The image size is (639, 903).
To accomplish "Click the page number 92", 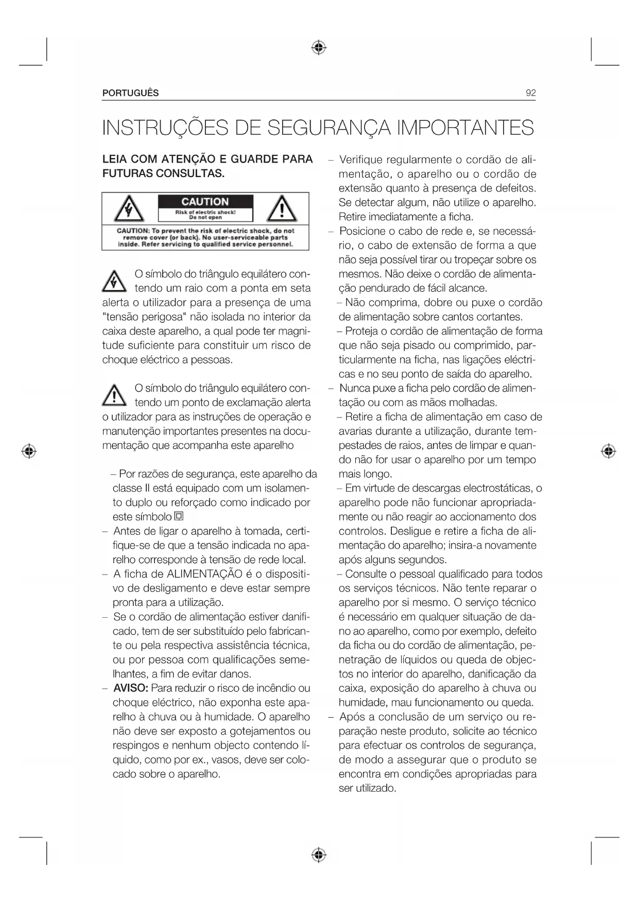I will (530, 93).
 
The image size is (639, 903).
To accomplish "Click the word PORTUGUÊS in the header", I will (131, 93).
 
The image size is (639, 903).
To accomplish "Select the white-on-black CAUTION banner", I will (205, 202).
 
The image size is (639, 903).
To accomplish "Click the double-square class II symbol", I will (179, 516).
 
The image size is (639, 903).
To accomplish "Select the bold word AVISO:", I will (131, 688).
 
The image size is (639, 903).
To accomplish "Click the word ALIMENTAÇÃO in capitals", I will (204, 574).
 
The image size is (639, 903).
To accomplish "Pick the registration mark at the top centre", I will (319, 48).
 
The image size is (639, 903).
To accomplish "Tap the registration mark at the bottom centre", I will (319, 855).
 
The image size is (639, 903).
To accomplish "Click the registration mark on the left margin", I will (29, 451).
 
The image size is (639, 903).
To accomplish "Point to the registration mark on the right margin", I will (609, 451).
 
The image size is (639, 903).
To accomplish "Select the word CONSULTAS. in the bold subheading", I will (190, 173).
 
